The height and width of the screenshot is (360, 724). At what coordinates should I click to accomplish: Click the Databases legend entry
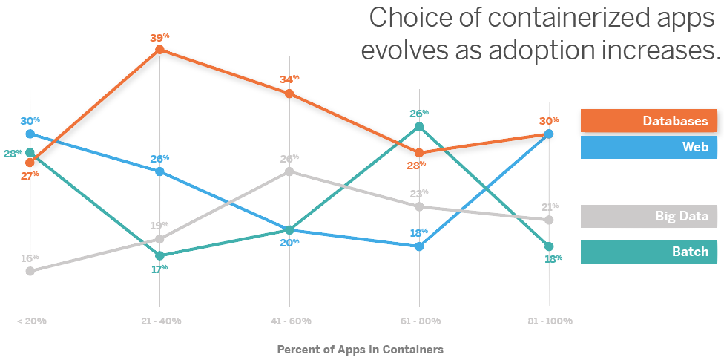[648, 121]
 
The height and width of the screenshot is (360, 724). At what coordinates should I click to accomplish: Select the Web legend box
[648, 147]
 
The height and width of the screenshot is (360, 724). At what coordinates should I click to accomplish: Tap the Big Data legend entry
[648, 217]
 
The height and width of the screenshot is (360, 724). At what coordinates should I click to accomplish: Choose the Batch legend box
[648, 252]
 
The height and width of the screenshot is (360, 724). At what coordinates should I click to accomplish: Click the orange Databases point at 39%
[159, 50]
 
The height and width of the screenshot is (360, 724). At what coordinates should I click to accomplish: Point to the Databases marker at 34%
[289, 94]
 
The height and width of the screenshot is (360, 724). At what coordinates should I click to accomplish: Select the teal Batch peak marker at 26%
[419, 127]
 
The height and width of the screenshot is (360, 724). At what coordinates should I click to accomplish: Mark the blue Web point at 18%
[419, 246]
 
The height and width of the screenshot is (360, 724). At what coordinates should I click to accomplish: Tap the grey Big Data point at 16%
[30, 271]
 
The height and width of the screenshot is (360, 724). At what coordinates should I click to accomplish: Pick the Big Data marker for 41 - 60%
[289, 171]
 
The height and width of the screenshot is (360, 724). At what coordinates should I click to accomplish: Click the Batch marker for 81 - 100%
[549, 246]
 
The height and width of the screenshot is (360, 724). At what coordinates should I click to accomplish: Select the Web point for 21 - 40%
[159, 171]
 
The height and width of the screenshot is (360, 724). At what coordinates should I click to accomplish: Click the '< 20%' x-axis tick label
[30, 321]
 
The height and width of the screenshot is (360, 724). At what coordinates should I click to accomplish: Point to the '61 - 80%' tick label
[419, 321]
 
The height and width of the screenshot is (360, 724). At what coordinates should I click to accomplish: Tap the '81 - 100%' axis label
[549, 321]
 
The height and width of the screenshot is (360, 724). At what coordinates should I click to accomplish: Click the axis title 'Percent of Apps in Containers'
[360, 349]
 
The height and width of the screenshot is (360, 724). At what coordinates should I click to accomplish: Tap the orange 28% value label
[416, 165]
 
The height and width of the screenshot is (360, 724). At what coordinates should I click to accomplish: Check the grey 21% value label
[550, 207]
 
